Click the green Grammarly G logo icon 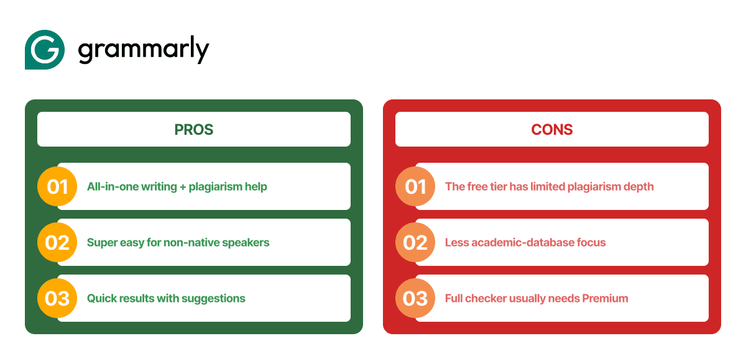click(45, 50)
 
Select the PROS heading click(193, 130)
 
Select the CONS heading click(551, 130)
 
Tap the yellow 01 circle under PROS click(57, 186)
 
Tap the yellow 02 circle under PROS click(57, 242)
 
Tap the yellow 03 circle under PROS click(57, 298)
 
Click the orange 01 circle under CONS click(415, 186)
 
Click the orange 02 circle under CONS click(415, 242)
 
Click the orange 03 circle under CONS click(415, 298)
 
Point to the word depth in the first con click(638, 187)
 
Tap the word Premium click(605, 298)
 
